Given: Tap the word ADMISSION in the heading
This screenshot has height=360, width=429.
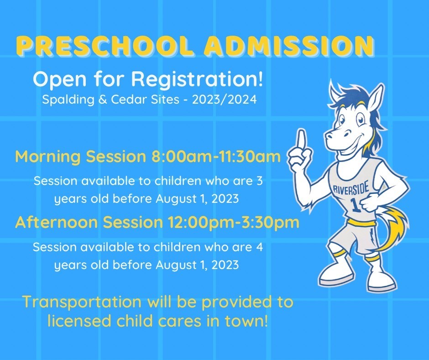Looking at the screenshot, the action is point(288,45).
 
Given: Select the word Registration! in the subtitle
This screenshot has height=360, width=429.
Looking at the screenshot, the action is point(197,79).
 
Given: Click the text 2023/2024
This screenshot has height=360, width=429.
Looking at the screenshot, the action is point(225,100).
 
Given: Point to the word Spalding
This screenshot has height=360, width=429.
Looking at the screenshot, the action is point(68,100).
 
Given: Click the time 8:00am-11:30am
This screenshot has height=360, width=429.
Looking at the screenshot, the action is point(216,157).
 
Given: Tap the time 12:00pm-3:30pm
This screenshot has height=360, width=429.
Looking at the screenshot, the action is point(234,222).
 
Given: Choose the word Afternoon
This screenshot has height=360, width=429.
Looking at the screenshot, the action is point(57,222).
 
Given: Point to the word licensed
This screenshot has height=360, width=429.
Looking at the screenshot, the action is point(79,321).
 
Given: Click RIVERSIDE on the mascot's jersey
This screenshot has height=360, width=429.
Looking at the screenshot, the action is point(351,189).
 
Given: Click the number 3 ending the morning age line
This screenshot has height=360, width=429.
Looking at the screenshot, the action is point(260,181).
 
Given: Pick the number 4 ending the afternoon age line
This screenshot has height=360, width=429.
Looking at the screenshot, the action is point(260,247).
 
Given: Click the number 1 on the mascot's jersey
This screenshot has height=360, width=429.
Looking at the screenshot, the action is point(356,206).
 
